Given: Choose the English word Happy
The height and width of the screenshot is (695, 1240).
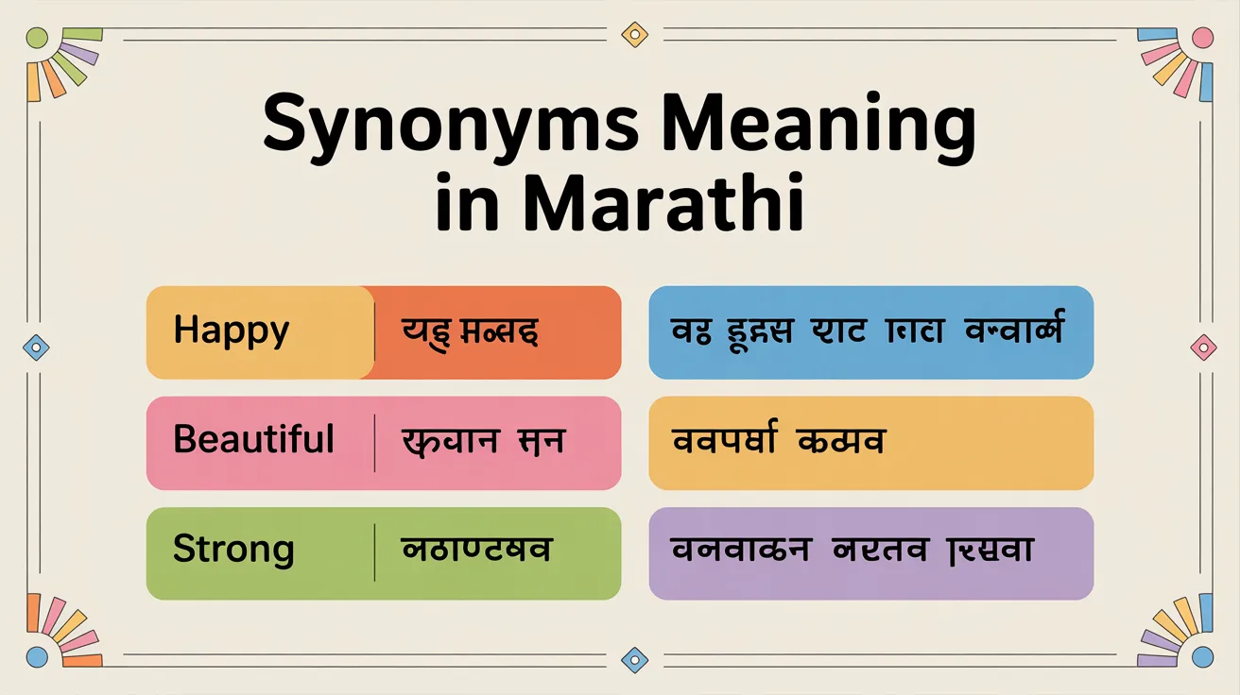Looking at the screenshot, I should click(x=232, y=332).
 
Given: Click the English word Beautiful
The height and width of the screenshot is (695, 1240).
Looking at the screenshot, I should click(x=253, y=441).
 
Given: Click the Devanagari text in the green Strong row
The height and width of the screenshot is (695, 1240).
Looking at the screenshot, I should click(x=477, y=551).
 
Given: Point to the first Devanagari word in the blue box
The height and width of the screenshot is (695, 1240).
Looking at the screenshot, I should click(x=689, y=332).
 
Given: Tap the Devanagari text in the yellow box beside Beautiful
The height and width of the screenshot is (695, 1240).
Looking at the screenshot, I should click(x=777, y=441).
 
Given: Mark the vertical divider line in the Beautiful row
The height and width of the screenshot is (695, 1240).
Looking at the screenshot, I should click(x=375, y=442).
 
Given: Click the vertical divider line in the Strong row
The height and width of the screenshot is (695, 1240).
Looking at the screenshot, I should click(x=375, y=552).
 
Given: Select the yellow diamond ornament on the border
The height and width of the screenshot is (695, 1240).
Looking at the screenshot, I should click(x=634, y=35).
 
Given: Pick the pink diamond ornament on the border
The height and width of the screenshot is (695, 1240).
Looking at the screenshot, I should click(x=1203, y=346).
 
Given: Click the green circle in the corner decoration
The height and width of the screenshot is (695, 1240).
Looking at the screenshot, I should click(x=37, y=38).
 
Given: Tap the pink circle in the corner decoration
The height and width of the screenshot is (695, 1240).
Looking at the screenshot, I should click(x=1202, y=38).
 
